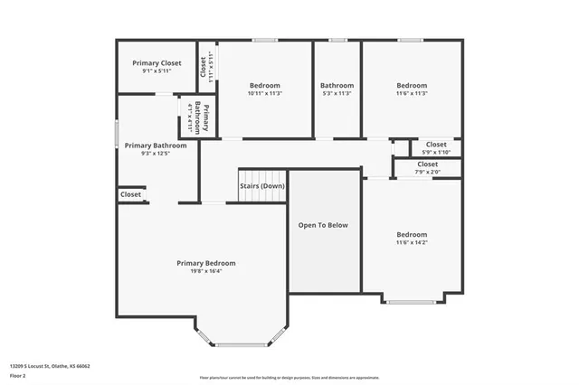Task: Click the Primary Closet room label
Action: [x=157, y=63]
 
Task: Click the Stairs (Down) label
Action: [x=262, y=186]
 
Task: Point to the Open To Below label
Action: [x=323, y=225]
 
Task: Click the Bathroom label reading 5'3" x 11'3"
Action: [x=337, y=85]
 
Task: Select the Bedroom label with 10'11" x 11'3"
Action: [x=264, y=85]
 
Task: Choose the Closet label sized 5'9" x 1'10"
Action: [x=436, y=144]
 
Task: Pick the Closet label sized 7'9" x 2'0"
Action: [x=428, y=164]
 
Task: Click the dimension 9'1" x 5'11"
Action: [x=157, y=71]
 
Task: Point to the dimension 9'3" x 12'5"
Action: [x=156, y=154]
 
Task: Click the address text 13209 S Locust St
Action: [x=50, y=366]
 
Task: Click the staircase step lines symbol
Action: [x=262, y=175]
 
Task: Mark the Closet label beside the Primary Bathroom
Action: [x=130, y=194]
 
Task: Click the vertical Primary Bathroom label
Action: [x=206, y=118]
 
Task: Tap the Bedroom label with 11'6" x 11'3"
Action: [x=412, y=85]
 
